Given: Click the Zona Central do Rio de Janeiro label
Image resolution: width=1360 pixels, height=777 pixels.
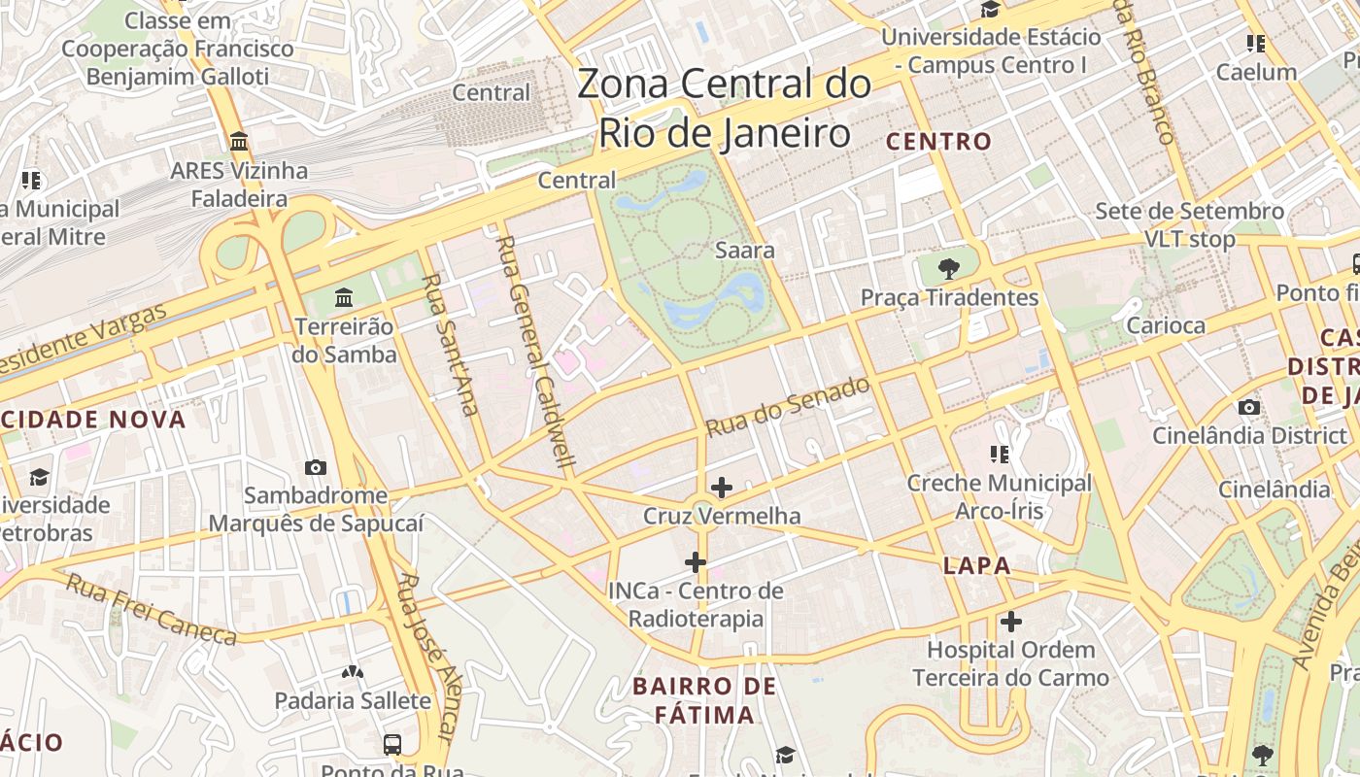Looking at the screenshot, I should [724, 108].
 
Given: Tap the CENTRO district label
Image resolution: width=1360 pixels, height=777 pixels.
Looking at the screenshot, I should [938, 142].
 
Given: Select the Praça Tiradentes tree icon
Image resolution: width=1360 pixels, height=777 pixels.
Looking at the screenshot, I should [949, 269].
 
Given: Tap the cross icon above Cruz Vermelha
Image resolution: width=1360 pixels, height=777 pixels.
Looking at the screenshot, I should [722, 487].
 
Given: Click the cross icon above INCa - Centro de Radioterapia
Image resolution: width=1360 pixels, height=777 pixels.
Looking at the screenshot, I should [696, 561].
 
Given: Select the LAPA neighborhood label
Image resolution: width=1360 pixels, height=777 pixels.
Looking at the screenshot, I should [976, 565].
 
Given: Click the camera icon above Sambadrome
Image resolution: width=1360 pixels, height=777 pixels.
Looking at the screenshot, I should [316, 467].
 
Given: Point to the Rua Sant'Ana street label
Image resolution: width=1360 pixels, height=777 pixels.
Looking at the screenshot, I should [449, 345].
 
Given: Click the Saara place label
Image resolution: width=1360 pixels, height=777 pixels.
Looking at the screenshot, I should [745, 250].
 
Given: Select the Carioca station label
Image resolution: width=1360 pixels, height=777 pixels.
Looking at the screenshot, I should [1166, 325].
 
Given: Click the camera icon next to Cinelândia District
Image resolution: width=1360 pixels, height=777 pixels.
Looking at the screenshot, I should [1249, 407].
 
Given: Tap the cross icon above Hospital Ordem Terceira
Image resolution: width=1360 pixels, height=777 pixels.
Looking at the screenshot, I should [1011, 621].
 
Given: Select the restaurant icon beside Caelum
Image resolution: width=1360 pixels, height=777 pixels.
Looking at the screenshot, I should [1256, 44].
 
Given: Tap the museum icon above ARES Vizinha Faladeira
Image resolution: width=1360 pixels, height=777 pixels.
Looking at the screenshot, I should [239, 142].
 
